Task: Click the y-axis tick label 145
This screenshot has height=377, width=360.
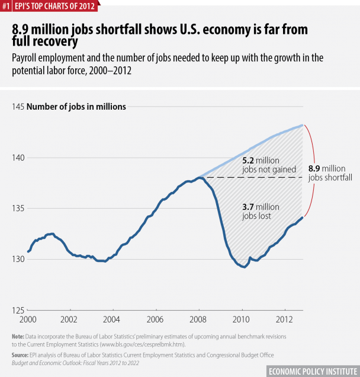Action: click(17, 107)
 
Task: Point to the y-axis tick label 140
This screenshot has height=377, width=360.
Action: click(17, 158)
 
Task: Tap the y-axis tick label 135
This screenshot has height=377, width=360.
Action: click(17, 209)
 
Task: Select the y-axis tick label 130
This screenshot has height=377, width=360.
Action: click(17, 259)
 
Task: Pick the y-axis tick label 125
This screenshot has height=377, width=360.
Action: click(17, 310)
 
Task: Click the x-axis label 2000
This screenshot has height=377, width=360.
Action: click(28, 319)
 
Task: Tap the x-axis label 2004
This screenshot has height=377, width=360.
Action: click(112, 319)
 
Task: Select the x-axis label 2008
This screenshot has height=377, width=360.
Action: click(198, 319)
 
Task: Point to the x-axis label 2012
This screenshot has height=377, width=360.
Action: click(284, 319)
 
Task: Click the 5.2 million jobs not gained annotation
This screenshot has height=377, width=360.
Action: click(261, 165)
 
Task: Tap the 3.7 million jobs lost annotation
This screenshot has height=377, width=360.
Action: click(257, 212)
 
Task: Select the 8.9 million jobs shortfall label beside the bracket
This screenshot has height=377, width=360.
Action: click(327, 173)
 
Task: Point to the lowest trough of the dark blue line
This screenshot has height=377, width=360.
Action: click(244, 267)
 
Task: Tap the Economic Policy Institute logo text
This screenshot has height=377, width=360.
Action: click(311, 370)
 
